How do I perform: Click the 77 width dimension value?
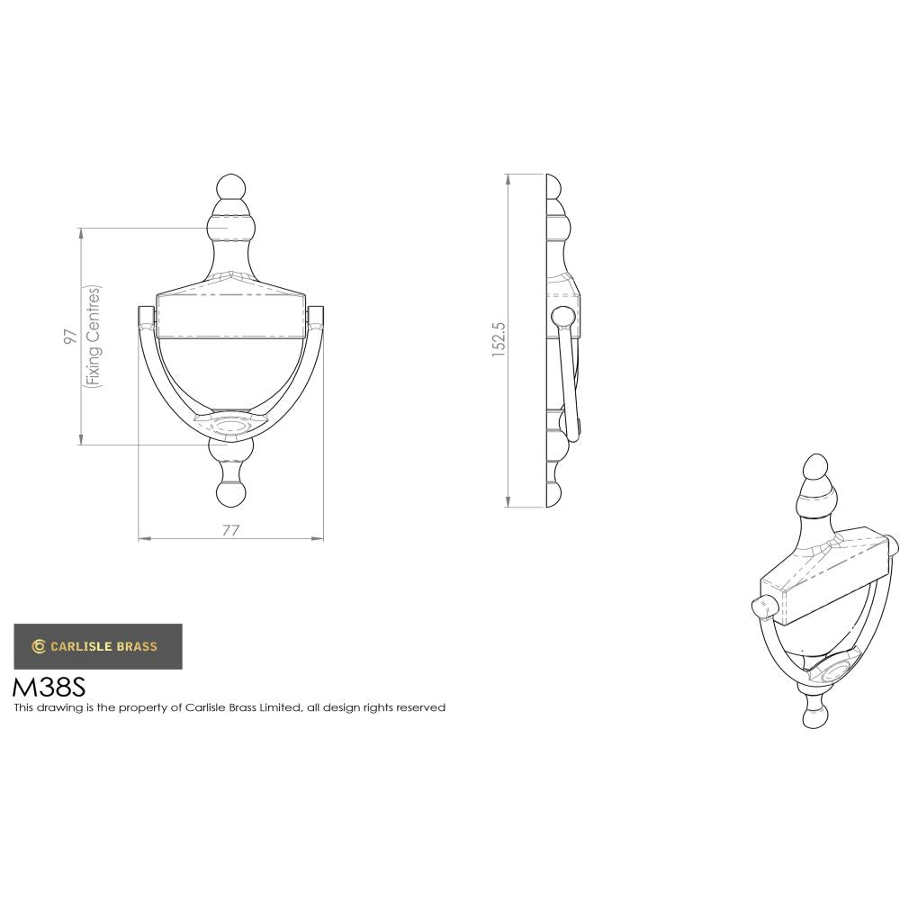click(230, 530)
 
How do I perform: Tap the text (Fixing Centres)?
click(94, 337)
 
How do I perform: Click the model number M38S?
click(49, 688)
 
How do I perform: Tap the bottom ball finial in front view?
click(230, 494)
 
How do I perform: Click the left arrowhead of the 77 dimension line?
click(141, 539)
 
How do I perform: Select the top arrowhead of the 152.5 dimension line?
click(508, 177)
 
